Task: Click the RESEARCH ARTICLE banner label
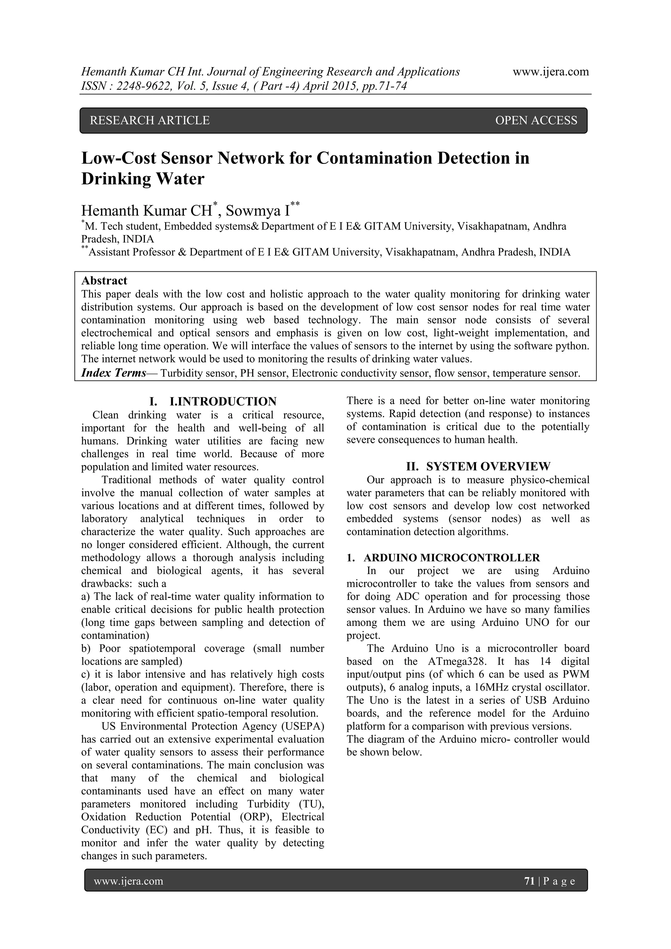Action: pos(150,120)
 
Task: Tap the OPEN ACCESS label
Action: pos(536,120)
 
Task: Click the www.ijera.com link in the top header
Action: pos(551,72)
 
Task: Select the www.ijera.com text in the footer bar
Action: pos(128,881)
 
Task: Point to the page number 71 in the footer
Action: pos(529,881)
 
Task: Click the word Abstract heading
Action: pos(104,281)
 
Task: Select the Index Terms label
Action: pos(114,373)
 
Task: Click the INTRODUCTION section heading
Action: pos(223,401)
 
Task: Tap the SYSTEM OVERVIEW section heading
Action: pos(488,467)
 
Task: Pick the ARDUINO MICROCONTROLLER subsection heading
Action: pos(451,558)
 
